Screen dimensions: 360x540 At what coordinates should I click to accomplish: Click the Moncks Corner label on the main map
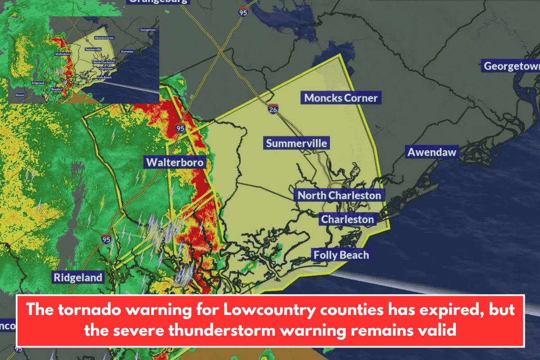coord(341,98)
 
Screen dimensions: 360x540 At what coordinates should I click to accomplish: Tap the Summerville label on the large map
coord(297,144)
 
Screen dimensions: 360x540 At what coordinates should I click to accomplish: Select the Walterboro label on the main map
coord(174,162)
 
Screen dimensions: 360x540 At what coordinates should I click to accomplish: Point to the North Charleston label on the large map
coord(339,195)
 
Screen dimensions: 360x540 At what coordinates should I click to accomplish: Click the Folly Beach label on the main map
coord(341,255)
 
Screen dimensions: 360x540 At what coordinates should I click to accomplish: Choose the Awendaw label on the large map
coord(432,152)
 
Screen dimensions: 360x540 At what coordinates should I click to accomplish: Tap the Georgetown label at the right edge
coord(511,66)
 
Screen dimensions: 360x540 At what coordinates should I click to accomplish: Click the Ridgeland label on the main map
coord(78,277)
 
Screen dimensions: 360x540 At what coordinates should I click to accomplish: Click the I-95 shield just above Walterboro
coord(180,128)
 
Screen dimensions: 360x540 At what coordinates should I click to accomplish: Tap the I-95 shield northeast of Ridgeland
coord(106,239)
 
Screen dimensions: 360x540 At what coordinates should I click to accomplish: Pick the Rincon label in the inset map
coord(20,95)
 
